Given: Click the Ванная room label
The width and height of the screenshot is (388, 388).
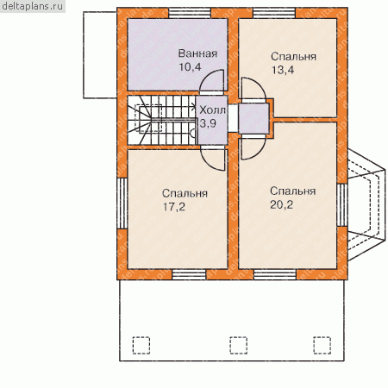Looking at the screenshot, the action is pyautogui.click(x=197, y=53).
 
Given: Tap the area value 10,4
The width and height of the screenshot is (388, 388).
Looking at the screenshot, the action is pyautogui.click(x=190, y=67).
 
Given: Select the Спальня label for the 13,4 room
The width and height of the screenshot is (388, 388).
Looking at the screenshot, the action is pyautogui.click(x=293, y=57).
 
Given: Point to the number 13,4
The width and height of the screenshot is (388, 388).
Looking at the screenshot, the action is pyautogui.click(x=283, y=70).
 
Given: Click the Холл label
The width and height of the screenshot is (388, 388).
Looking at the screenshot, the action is pyautogui.click(x=212, y=110).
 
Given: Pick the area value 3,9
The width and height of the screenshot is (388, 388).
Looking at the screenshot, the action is pyautogui.click(x=208, y=123).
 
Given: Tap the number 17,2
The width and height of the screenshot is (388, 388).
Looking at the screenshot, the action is pyautogui.click(x=174, y=207).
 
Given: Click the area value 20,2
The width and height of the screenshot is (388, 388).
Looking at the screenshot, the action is pyautogui.click(x=281, y=204).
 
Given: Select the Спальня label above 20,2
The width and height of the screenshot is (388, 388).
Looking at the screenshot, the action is pyautogui.click(x=293, y=191).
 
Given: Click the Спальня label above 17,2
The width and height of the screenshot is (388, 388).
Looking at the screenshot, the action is pyautogui.click(x=185, y=193).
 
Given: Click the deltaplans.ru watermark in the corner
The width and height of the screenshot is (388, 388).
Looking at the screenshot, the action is pyautogui.click(x=33, y=6).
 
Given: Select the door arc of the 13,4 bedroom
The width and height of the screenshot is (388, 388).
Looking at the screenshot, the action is pyautogui.click(x=259, y=84).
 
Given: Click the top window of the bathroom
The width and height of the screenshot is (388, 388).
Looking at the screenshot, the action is pyautogui.click(x=190, y=13).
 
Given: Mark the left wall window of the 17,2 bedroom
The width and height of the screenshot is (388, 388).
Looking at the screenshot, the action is pyautogui.click(x=122, y=203).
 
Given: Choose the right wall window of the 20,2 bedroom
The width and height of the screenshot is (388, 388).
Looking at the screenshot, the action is pyautogui.click(x=342, y=205).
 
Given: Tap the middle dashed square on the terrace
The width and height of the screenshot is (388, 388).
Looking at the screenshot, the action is pyautogui.click(x=238, y=345).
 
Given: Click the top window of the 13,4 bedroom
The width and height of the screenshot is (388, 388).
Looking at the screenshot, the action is pyautogui.click(x=274, y=13).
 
